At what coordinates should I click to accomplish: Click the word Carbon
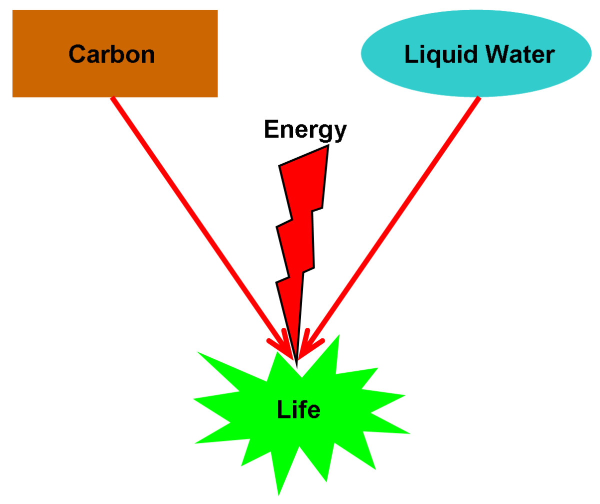[x=111, y=54]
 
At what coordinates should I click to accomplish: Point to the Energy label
[x=305, y=130]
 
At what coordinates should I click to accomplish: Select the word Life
[x=298, y=410]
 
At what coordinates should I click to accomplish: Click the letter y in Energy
[x=339, y=133]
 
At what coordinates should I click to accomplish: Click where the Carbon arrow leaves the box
[x=113, y=99]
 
